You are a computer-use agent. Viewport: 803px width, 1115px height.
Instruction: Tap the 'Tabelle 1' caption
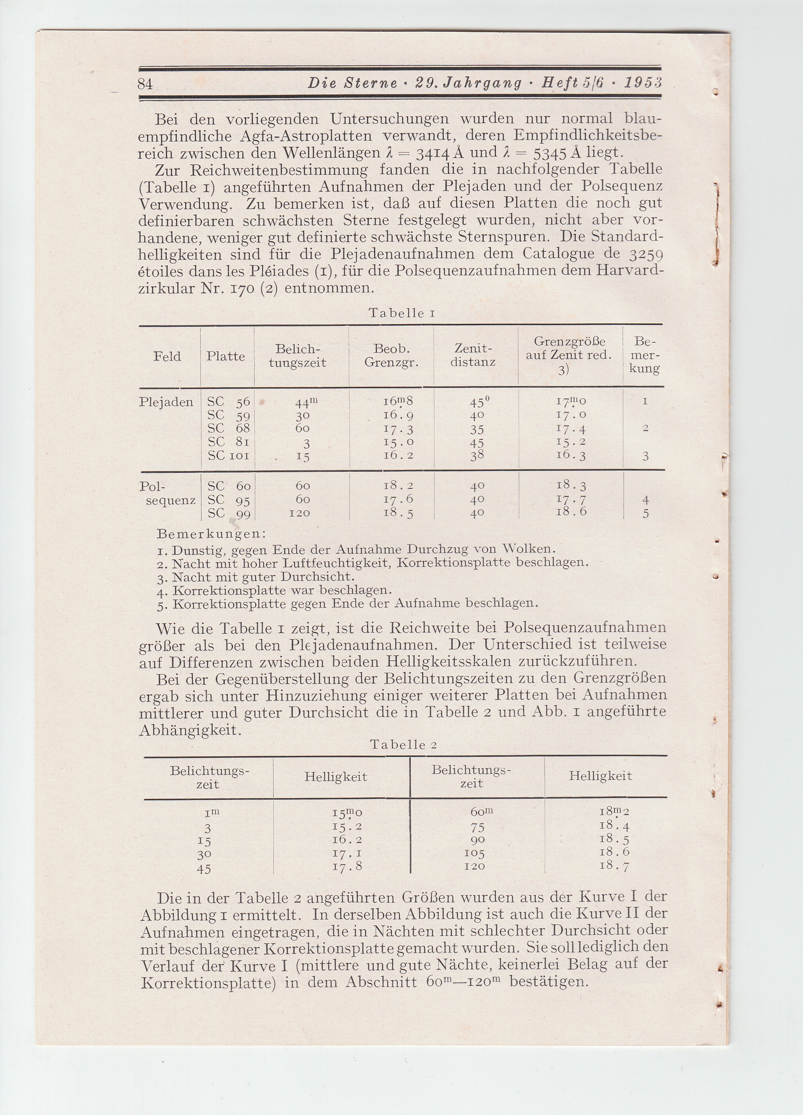401,313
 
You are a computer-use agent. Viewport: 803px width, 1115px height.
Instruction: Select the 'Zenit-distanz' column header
473,355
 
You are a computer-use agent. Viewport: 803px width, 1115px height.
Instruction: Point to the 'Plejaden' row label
166,402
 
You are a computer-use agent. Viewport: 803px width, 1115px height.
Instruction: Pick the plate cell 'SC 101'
229,456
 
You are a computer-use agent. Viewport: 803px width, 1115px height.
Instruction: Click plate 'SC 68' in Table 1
229,429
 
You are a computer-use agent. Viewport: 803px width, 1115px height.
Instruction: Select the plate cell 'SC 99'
229,513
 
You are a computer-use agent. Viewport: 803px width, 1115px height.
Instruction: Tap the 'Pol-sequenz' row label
167,493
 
